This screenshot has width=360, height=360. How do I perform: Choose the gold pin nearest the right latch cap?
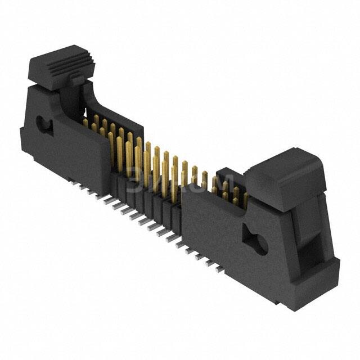(245, 198)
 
